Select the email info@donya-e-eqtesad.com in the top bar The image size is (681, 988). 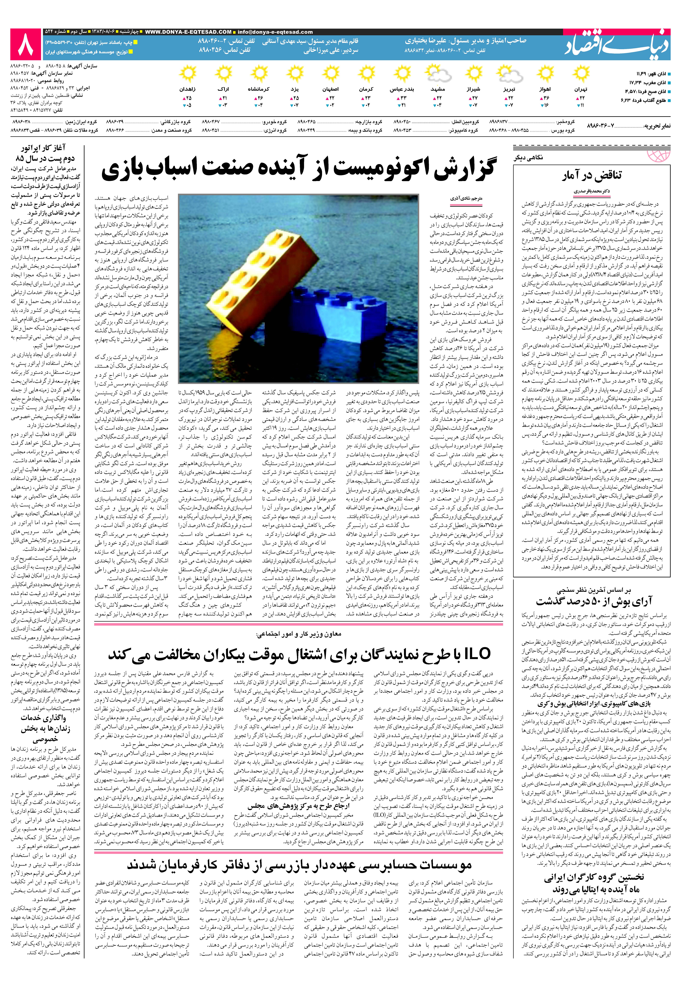coord(275,32)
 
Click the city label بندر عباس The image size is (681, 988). coord(402,90)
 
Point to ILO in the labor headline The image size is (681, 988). coord(476,654)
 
